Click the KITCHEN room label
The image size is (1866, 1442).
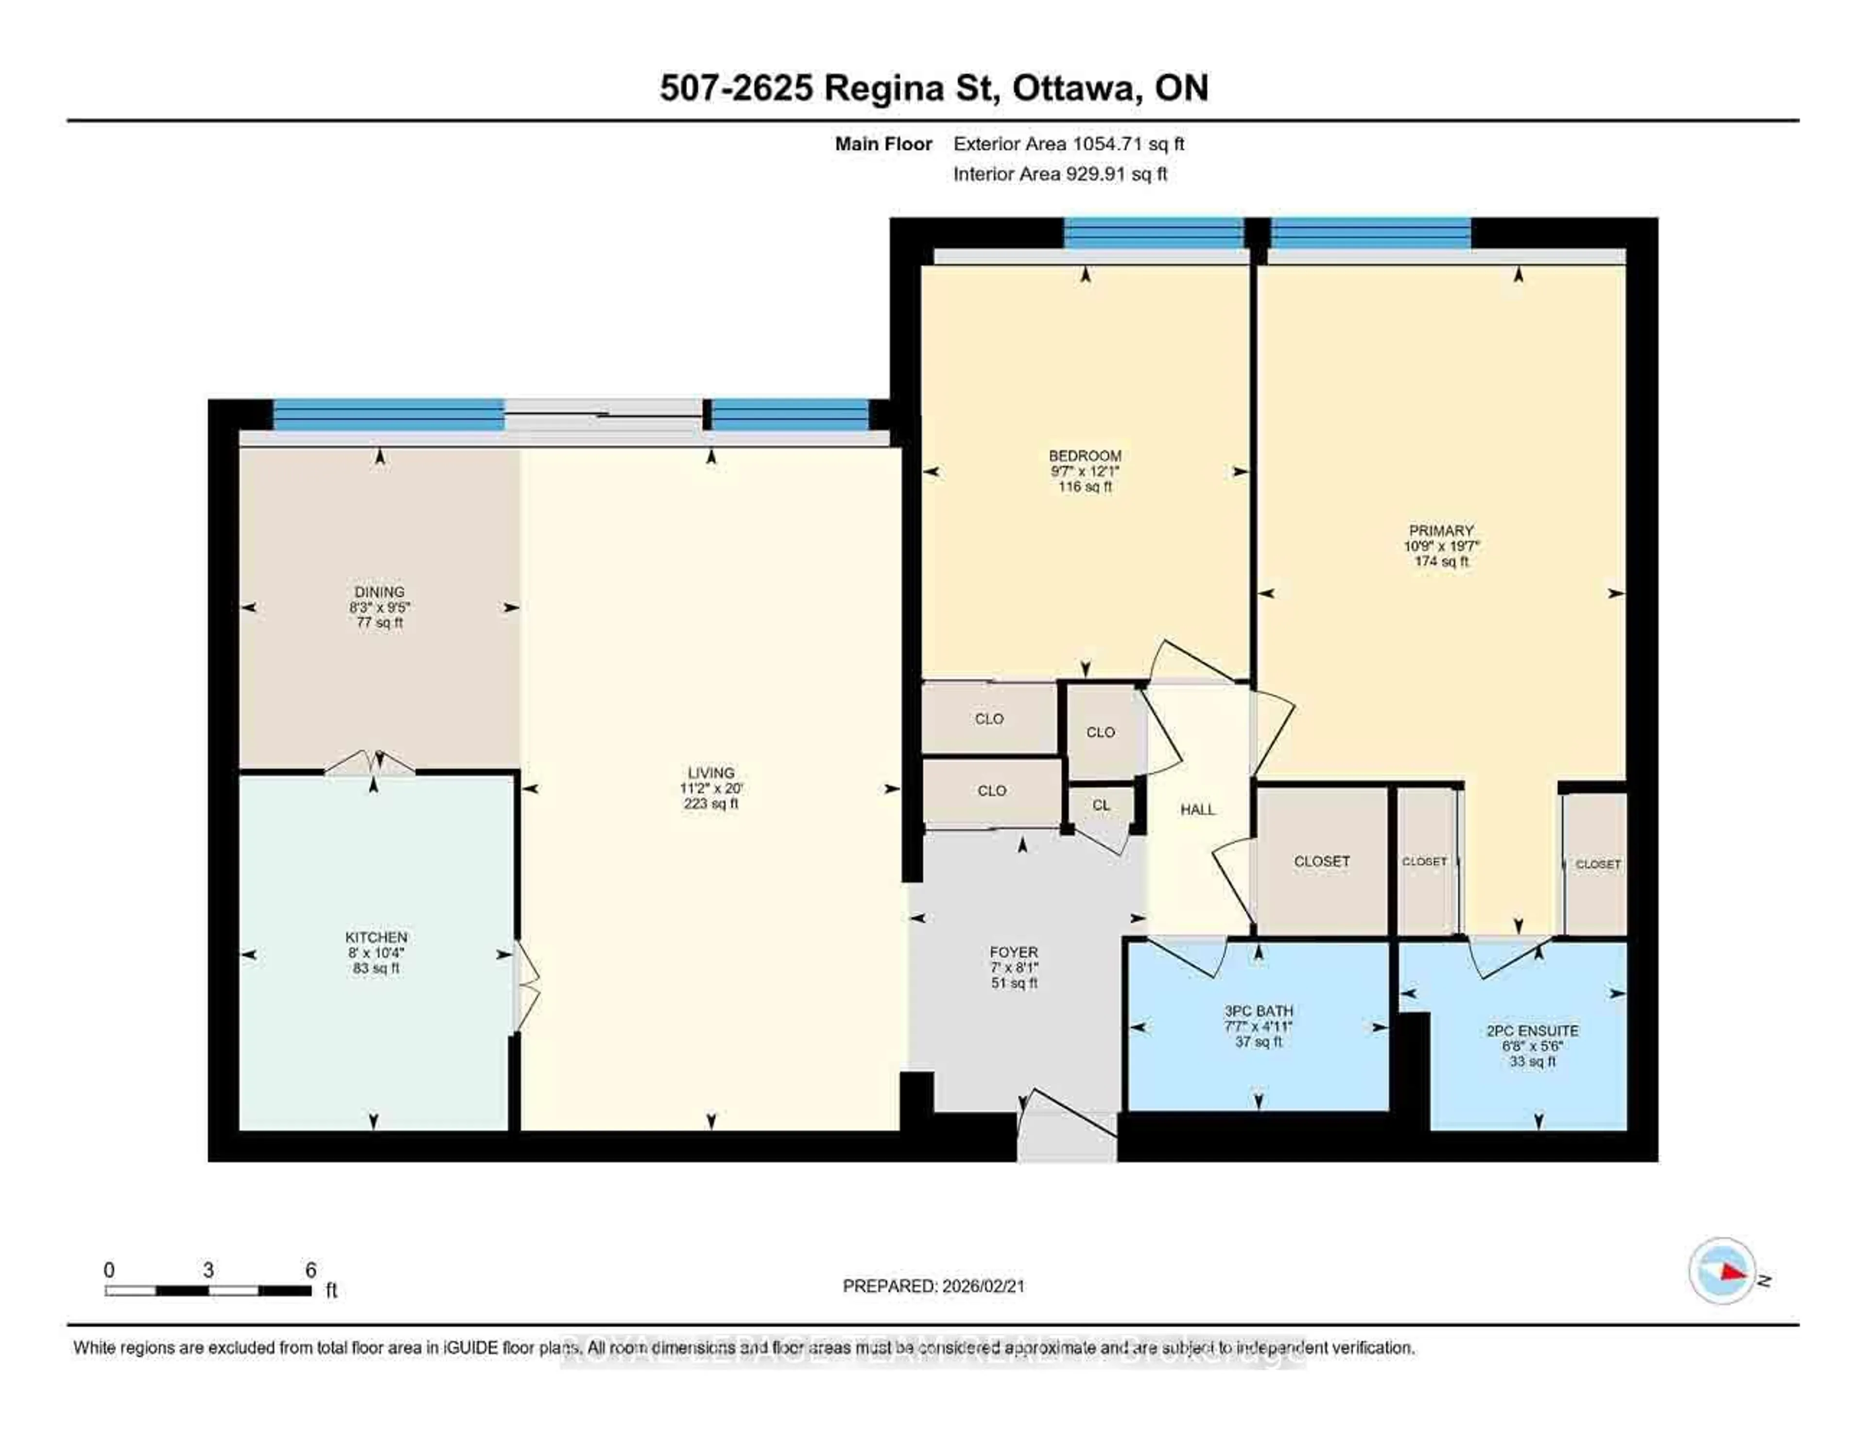point(376,937)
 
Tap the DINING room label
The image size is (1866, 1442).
point(380,592)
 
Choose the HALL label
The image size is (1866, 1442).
point(1197,809)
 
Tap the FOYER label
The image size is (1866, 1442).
point(1013,952)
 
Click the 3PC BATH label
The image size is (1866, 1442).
point(1258,1011)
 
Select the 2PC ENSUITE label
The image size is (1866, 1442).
point(1532,1031)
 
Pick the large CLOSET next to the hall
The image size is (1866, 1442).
point(1321,861)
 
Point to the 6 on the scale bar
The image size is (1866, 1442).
point(311,1270)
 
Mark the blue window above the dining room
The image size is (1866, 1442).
point(388,415)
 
